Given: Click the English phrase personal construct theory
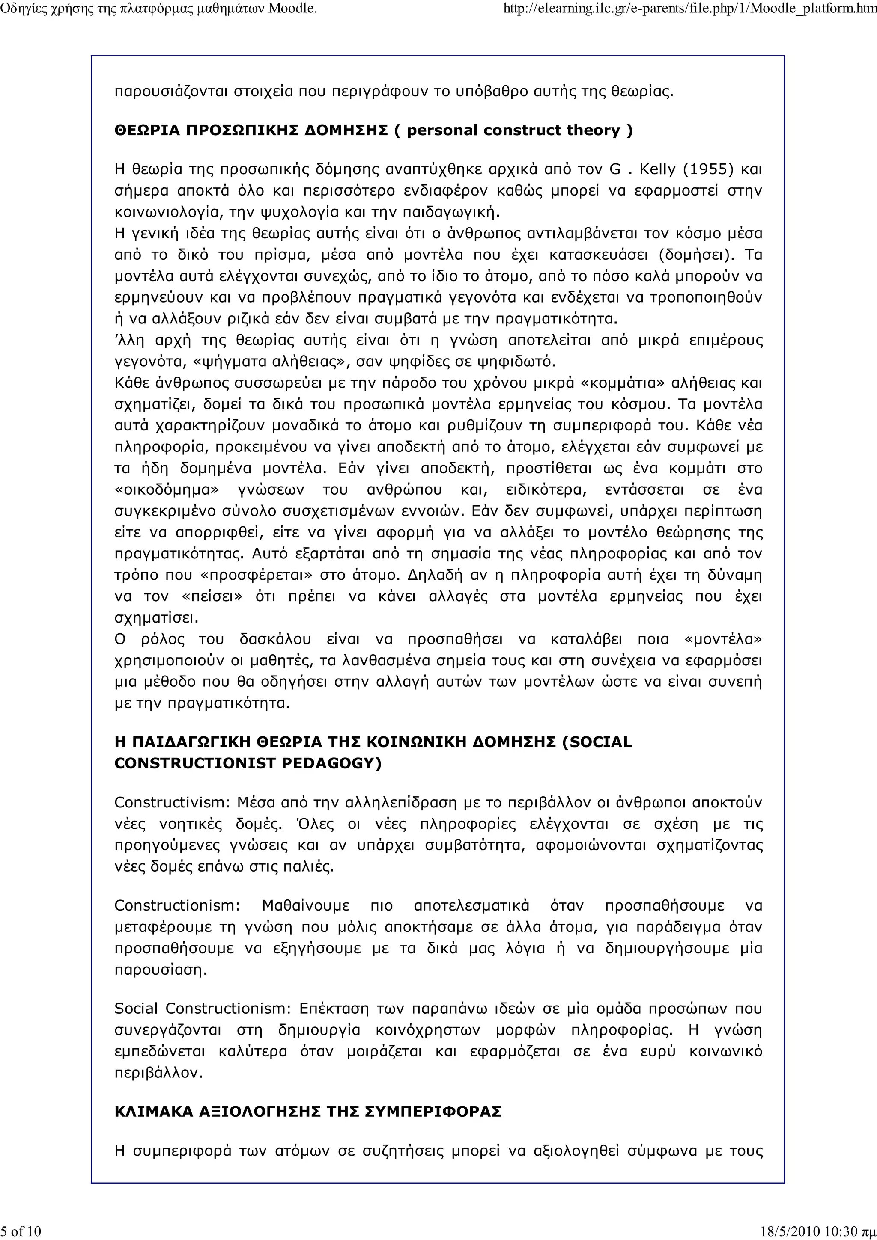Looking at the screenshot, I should point(513,131).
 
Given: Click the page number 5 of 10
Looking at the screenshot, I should point(21,1231).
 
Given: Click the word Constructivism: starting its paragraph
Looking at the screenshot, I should point(173,803).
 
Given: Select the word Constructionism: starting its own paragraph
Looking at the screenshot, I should point(177,906).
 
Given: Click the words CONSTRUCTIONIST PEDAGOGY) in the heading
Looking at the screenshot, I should point(248,764).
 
